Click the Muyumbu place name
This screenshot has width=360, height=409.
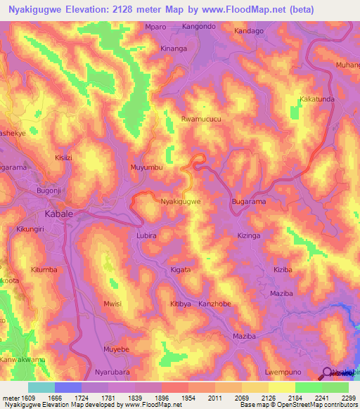click(147, 168)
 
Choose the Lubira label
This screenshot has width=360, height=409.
click(146, 236)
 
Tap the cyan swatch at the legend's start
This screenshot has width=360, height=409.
click(41, 387)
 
